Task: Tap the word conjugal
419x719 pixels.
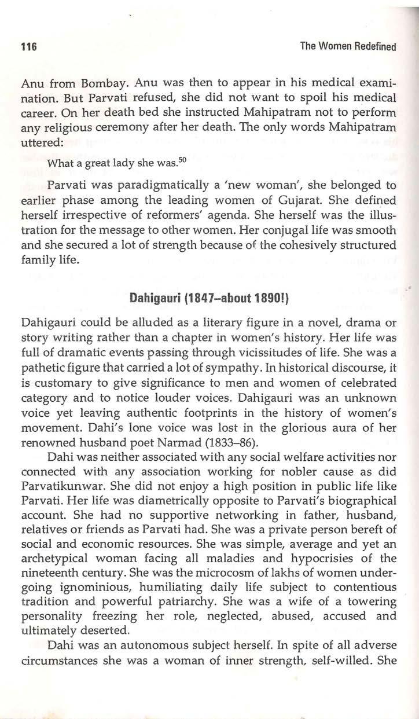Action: tap(303, 230)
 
